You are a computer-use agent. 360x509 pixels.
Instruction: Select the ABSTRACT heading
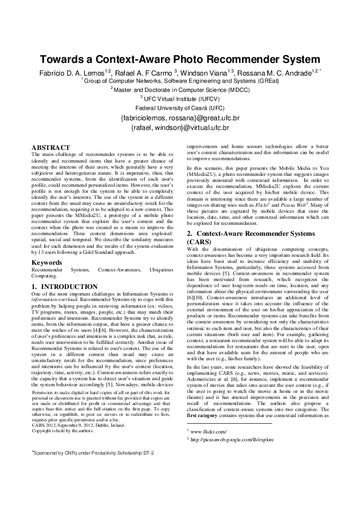pyautogui.click(x=51, y=148)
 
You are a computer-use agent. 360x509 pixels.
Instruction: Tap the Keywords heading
pyautogui.click(x=47, y=262)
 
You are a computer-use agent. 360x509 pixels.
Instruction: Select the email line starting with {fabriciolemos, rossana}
pyautogui.click(x=180, y=118)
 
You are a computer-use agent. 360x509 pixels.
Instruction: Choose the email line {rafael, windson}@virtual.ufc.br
pyautogui.click(x=180, y=128)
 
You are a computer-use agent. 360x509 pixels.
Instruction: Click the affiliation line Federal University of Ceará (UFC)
pyautogui.click(x=180, y=107)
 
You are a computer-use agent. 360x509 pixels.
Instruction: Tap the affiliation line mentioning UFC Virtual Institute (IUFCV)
pyautogui.click(x=180, y=97)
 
